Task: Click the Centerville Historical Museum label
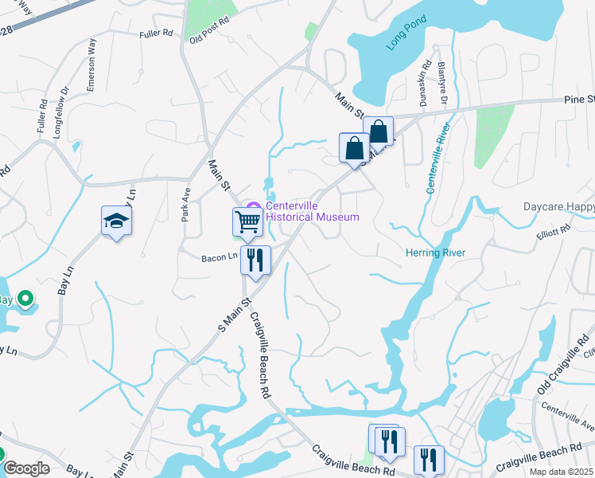tap(312, 210)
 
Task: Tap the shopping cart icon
tap(247, 224)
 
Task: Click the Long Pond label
tap(402, 37)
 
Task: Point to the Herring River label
tap(436, 253)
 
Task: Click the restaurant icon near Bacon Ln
tap(256, 262)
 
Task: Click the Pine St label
tap(578, 100)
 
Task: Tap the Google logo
tap(25, 468)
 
